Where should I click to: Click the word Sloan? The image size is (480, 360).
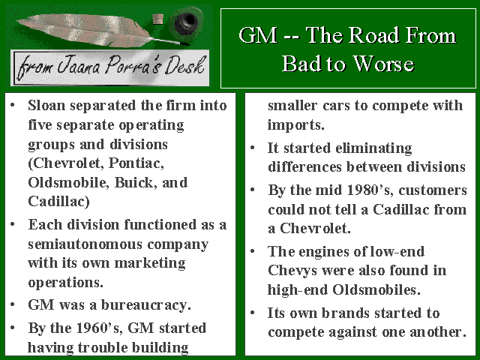click(x=46, y=105)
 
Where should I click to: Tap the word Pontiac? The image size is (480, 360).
click(x=136, y=163)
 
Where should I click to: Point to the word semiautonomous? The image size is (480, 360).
click(x=85, y=244)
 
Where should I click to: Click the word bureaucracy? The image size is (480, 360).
click(x=146, y=305)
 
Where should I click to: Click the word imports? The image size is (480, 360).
click(x=295, y=125)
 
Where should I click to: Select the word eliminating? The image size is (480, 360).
click(x=373, y=148)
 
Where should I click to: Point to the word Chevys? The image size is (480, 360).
click(x=292, y=271)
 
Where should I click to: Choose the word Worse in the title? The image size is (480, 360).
click(x=383, y=64)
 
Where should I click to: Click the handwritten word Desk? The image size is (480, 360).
click(x=184, y=65)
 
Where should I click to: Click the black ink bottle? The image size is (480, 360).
click(x=187, y=22)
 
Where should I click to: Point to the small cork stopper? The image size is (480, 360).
click(x=157, y=19)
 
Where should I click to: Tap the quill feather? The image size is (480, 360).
click(x=91, y=30)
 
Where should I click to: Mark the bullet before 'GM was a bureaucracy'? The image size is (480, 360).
click(x=13, y=305)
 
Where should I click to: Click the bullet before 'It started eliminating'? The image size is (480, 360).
click(x=253, y=148)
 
